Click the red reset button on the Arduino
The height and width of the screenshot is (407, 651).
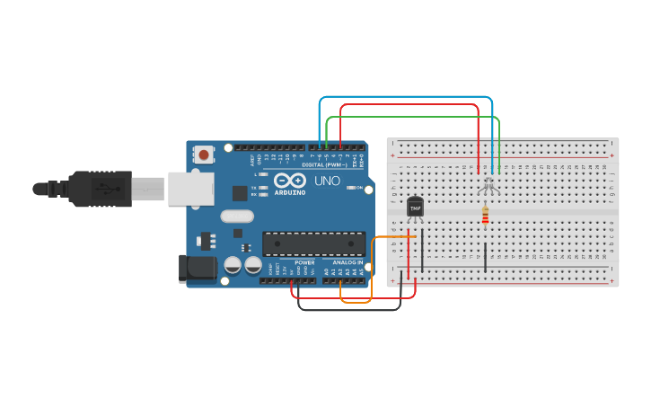coord(204,155)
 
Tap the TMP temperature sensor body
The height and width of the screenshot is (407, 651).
coord(415,207)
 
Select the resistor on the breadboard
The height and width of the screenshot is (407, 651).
coord(486,215)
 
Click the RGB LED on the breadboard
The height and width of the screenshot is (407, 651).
coord(488,185)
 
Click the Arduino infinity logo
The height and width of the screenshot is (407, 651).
coord(290,180)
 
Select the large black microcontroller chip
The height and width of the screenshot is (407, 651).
coord(313,243)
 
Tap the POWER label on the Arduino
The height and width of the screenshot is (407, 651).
coord(304,262)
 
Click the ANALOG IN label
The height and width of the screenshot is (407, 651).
coord(347,262)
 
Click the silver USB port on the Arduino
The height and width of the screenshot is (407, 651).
coord(190,188)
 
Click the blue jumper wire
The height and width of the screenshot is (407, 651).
coord(404,96)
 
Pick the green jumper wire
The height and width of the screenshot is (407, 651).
coord(413,117)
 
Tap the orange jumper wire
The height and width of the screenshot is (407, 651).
coord(372,270)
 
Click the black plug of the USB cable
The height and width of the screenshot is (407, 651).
coord(99,189)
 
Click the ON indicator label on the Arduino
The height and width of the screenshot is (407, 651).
coord(359,188)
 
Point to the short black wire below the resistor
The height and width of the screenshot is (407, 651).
coord(486,256)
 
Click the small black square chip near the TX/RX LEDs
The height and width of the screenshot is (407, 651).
coord(240,192)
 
